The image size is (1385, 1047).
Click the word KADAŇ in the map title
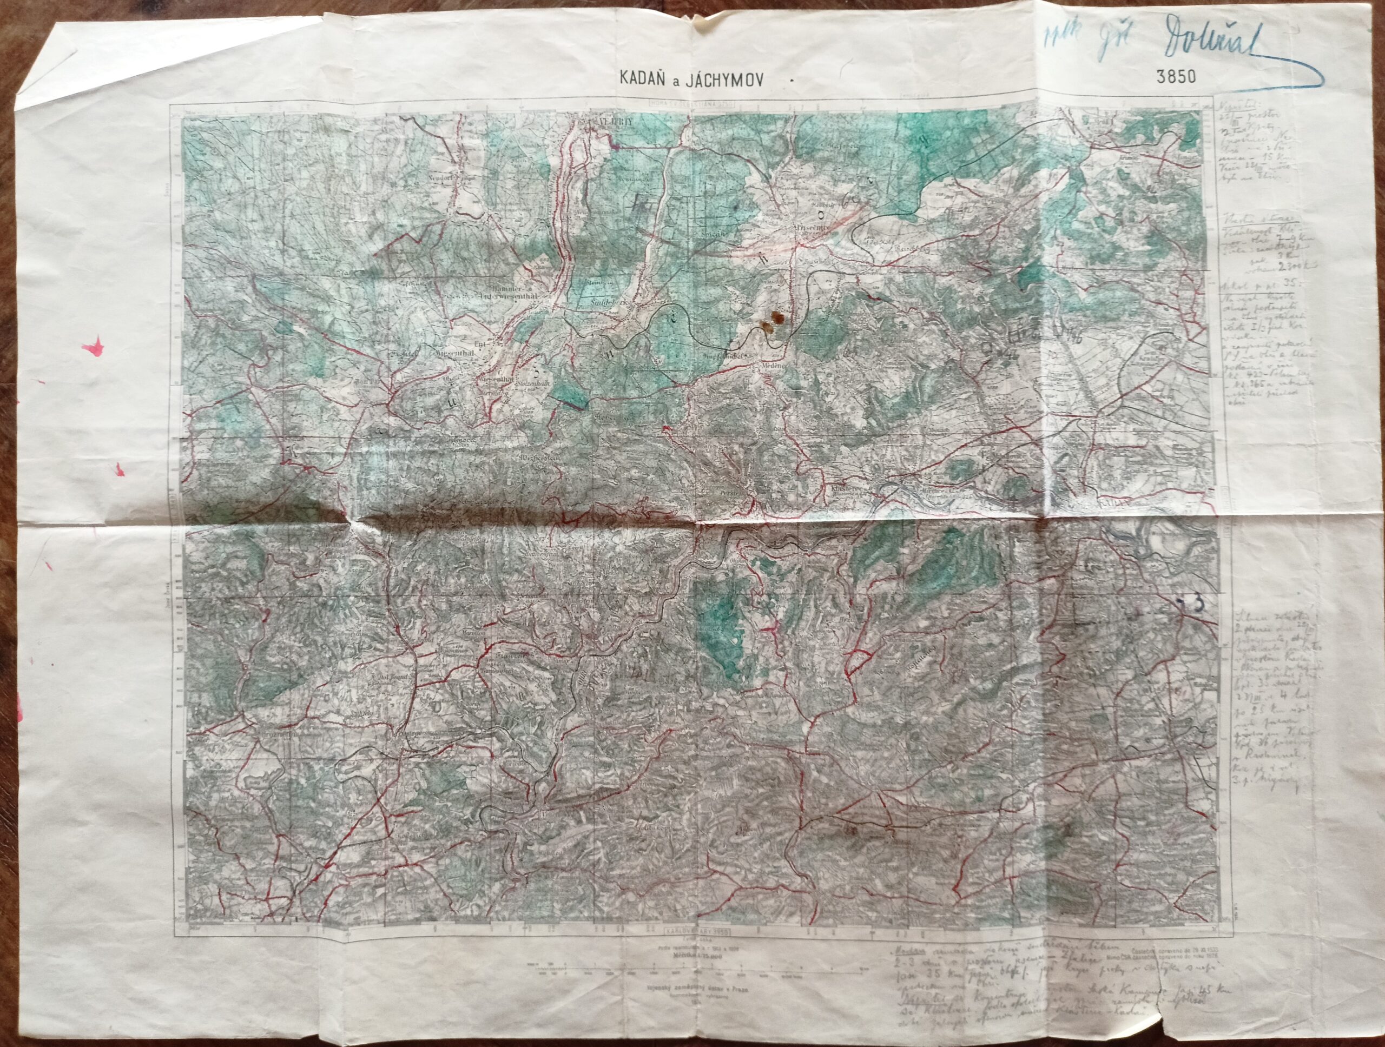[x=640, y=79]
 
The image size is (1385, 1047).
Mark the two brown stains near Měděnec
[x=773, y=320]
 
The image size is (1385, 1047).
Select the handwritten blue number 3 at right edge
[x=1197, y=602]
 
